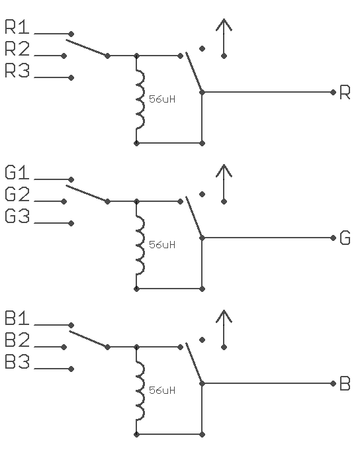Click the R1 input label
[x=17, y=27]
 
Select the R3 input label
[x=17, y=71]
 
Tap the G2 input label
[x=17, y=195]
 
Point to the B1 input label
[x=17, y=318]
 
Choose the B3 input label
[x=17, y=362]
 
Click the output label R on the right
[x=345, y=93]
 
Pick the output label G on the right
[x=345, y=238]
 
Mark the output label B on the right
[x=345, y=384]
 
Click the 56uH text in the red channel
[x=162, y=99]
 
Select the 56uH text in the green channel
[x=162, y=244]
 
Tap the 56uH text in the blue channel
[x=162, y=390]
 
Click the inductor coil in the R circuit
[x=140, y=99]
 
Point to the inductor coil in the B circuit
[x=140, y=391]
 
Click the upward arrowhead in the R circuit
[x=224, y=24]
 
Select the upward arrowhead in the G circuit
[x=224, y=171]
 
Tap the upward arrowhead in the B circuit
[x=224, y=316]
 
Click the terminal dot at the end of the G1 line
[x=71, y=179]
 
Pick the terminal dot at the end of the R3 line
[x=71, y=78]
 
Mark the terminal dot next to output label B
[x=333, y=384]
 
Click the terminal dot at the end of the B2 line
[x=64, y=347]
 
